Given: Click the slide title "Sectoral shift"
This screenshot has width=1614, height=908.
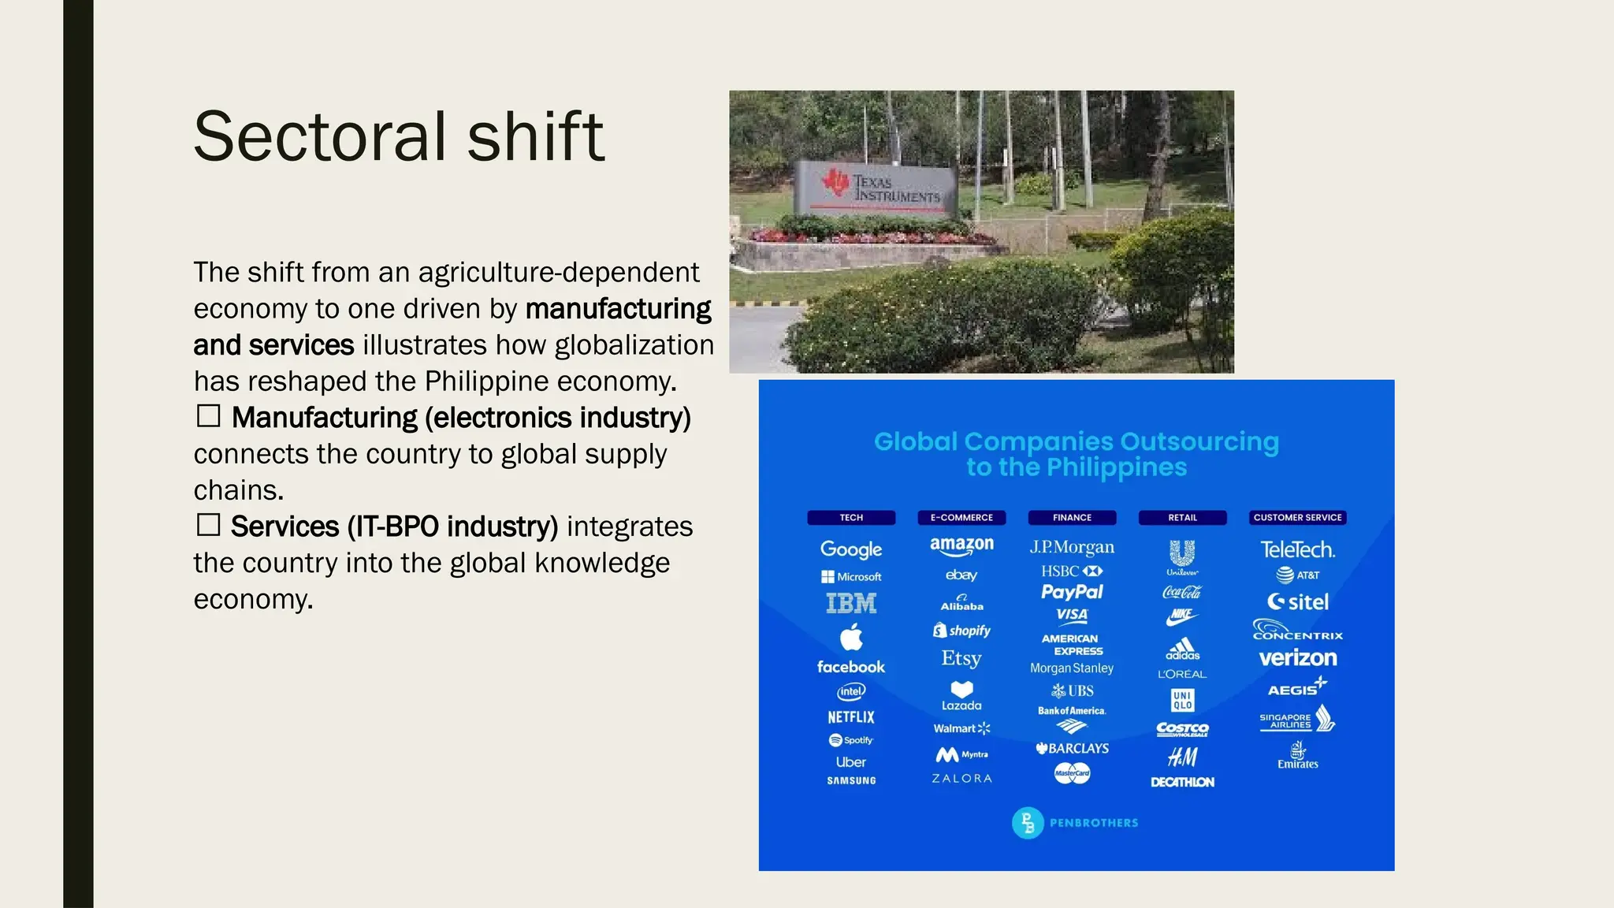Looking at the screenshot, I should click(399, 136).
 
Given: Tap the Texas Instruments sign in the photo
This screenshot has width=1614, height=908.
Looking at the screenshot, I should click(877, 188).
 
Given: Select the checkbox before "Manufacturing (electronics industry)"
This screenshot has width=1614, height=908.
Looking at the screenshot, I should click(208, 416).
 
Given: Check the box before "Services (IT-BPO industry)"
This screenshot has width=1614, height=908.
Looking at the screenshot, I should click(208, 525).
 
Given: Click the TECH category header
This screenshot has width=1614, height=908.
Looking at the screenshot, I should click(851, 518).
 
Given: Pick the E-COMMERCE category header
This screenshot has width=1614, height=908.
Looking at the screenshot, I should click(961, 518).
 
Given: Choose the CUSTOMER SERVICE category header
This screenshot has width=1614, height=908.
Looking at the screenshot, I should click(1297, 518).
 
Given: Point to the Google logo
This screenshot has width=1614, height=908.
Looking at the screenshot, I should click(851, 549).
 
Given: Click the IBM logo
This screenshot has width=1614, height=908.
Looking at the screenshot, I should click(851, 604).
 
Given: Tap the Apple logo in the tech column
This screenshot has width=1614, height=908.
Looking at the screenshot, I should click(851, 637).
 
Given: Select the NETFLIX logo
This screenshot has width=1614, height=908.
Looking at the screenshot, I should click(851, 717).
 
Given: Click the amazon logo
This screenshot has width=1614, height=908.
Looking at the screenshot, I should click(961, 545).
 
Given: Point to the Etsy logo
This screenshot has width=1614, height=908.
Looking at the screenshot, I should click(961, 658).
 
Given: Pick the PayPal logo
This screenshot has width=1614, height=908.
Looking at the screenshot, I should click(1072, 592).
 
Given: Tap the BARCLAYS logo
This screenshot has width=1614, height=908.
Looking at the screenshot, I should click(1073, 748).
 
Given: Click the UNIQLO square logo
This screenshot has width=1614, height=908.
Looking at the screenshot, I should click(1182, 700).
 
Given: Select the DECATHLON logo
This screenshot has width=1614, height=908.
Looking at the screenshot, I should click(1182, 782).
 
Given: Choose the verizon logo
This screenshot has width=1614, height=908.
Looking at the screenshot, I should click(1298, 658).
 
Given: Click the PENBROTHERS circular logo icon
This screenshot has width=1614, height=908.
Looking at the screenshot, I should click(1028, 823).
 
